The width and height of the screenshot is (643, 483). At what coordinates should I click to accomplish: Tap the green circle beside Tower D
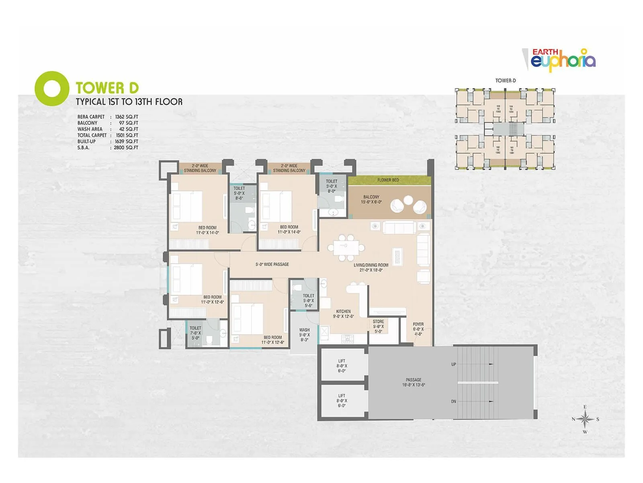point(51,89)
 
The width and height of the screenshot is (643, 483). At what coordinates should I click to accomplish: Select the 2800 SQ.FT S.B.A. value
point(126,148)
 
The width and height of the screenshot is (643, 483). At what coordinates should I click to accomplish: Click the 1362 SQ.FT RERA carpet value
point(126,117)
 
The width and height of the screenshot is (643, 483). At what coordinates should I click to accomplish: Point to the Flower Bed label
point(388,180)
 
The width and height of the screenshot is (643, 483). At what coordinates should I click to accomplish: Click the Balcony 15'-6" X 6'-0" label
point(371,200)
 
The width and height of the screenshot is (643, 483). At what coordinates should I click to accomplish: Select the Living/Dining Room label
point(371,268)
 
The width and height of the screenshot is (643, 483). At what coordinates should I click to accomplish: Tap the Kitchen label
point(343,314)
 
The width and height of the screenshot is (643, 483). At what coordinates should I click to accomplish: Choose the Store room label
point(378,326)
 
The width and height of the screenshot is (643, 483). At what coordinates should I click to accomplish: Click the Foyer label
point(418,329)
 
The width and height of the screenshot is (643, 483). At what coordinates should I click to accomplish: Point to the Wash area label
point(304,334)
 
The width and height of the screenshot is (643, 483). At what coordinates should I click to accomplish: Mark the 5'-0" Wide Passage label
point(272,264)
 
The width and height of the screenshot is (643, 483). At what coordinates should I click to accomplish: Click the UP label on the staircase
point(453,364)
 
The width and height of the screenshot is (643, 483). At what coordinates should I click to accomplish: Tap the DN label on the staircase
point(453,401)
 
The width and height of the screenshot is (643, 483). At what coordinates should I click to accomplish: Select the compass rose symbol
point(586,419)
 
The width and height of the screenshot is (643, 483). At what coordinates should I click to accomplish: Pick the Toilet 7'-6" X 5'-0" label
point(195,333)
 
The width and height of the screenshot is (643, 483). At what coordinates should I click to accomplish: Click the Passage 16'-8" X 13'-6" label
point(414,382)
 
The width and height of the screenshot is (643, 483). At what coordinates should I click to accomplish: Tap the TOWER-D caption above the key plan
point(505,80)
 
